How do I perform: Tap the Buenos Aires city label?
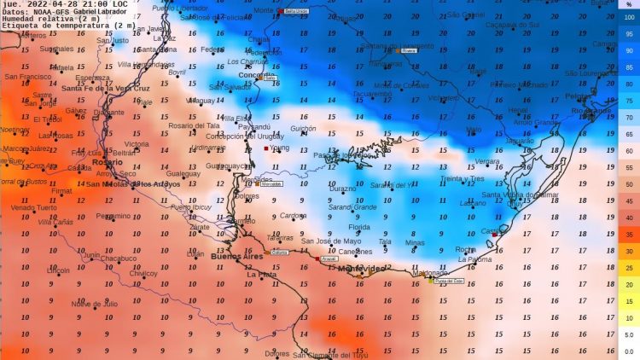238,257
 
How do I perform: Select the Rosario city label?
107,161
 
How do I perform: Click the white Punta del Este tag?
448,280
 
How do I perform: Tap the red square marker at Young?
266,148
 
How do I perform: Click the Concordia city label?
257,75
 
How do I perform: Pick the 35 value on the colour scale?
629,234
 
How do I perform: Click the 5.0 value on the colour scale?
629,334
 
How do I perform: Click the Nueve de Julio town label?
94,304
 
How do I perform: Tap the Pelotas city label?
580,96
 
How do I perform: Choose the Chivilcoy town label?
143,274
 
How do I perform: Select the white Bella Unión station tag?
295,11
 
